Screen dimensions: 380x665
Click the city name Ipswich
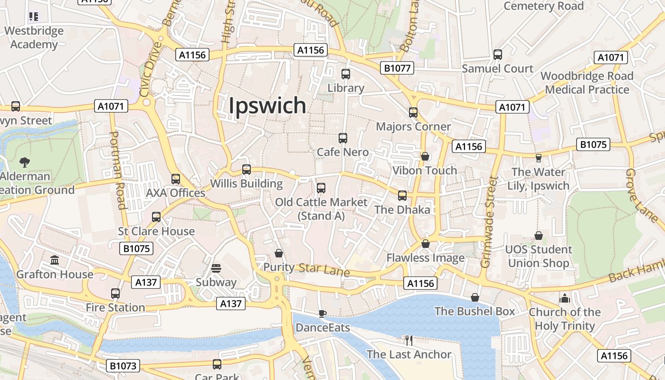[267, 105]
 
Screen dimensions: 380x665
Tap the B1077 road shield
[397, 68]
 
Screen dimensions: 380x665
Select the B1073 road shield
[123, 366]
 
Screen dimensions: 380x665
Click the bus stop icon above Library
[346, 74]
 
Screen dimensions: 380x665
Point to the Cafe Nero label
[342, 152]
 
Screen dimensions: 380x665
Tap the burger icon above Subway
[216, 268]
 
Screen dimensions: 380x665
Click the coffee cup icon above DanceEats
[322, 313]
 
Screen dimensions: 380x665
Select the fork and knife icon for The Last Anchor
[408, 340]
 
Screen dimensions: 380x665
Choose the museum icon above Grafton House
[55, 260]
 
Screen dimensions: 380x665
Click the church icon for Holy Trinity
[564, 298]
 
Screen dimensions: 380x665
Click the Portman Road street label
[117, 170]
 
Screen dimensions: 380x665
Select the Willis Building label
[247, 184]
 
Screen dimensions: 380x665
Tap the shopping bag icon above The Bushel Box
[475, 297]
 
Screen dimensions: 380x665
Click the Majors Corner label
[413, 126]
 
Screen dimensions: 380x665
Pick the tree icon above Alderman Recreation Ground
[25, 162]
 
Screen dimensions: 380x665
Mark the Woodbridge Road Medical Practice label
[587, 83]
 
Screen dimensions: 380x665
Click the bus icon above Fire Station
[115, 294]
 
